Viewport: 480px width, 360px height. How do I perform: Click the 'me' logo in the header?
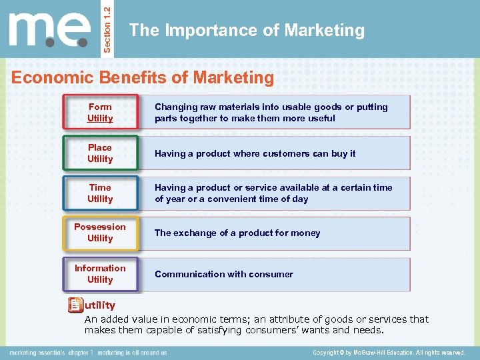[x=49, y=31]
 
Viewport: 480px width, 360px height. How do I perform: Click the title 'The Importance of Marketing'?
[x=247, y=31]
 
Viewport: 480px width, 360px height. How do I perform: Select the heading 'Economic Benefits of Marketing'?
[x=143, y=78]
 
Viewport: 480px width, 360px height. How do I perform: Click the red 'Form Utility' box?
[x=100, y=113]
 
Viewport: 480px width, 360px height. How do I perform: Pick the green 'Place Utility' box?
[x=100, y=153]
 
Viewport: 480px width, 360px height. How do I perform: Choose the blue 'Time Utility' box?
[x=100, y=193]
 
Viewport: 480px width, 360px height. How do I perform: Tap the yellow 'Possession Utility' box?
[x=100, y=233]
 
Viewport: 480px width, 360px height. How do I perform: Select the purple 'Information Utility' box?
[x=100, y=274]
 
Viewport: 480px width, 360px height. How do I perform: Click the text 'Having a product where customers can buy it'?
[x=255, y=153]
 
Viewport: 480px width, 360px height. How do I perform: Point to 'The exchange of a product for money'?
[x=237, y=233]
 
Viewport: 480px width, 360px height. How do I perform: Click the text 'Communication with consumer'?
[x=223, y=274]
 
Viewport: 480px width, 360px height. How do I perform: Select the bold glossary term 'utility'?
[x=99, y=305]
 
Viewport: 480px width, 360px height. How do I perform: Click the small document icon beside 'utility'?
[x=75, y=305]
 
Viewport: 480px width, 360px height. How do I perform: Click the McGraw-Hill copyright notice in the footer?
[x=389, y=352]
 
